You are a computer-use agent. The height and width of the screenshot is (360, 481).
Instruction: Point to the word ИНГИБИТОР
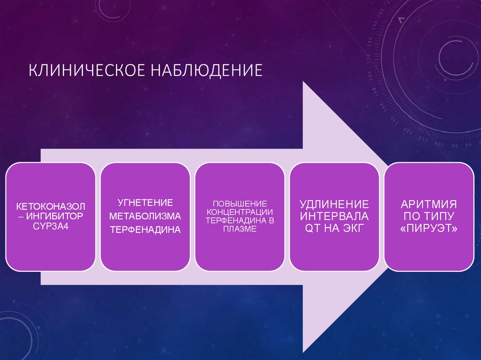pyautogui.click(x=55, y=216)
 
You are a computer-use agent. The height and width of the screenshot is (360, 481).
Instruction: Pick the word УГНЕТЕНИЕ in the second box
pyautogui.click(x=145, y=203)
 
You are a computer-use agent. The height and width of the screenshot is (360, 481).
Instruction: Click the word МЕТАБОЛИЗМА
pyautogui.click(x=145, y=216)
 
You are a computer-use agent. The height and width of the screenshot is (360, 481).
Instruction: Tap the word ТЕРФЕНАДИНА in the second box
pyautogui.click(x=145, y=230)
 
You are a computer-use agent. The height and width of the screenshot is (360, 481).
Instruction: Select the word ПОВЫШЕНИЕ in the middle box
pyautogui.click(x=240, y=204)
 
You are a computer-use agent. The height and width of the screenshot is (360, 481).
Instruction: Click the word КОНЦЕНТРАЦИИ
pyautogui.click(x=240, y=212)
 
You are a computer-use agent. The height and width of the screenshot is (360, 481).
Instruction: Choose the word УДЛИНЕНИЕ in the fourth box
pyautogui.click(x=334, y=205)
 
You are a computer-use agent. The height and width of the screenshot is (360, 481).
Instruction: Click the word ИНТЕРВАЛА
pyautogui.click(x=334, y=216)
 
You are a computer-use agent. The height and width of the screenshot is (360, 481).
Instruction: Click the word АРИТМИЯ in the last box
pyautogui.click(x=429, y=205)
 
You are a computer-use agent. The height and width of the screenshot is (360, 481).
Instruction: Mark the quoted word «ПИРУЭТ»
pyautogui.click(x=429, y=228)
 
